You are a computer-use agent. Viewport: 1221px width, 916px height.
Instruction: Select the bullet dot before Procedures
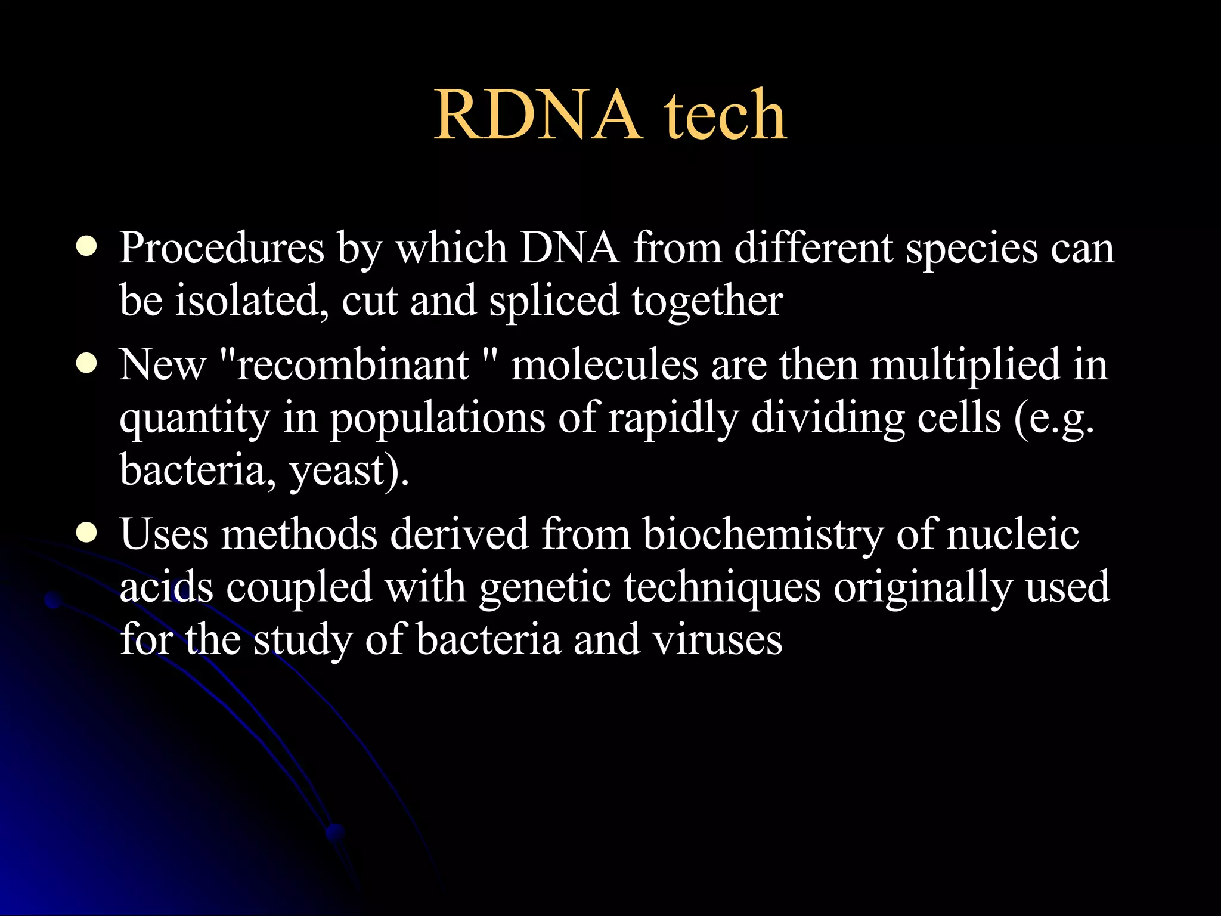tap(87, 247)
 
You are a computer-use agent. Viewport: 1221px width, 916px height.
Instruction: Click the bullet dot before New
tap(87, 364)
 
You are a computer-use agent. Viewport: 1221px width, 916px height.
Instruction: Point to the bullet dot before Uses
tap(87, 533)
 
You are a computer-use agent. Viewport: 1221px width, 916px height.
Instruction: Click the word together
tap(707, 302)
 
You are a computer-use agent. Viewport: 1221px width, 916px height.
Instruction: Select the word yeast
tap(339, 471)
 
